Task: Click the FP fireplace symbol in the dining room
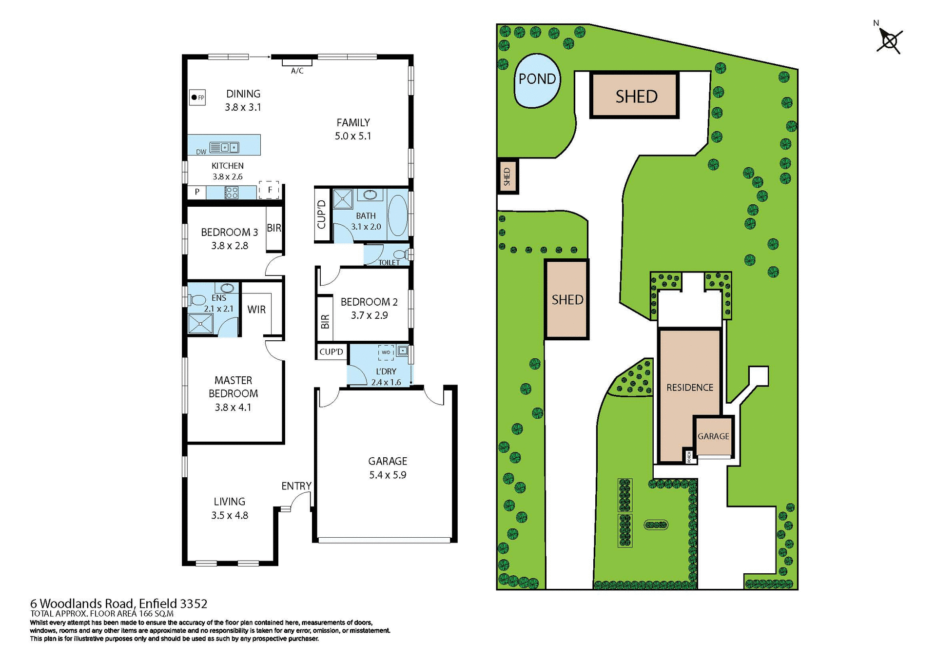tap(197, 97)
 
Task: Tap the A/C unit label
tap(297, 71)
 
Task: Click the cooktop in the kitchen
tap(231, 193)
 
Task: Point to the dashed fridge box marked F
tap(269, 190)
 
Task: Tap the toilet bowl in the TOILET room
tap(401, 254)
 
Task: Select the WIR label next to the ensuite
tap(256, 310)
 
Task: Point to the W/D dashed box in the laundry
tap(386, 352)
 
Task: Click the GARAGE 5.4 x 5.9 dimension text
tap(388, 475)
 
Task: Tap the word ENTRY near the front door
tap(296, 486)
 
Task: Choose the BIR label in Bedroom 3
tap(274, 228)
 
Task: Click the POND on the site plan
tap(537, 80)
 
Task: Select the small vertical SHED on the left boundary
tap(507, 176)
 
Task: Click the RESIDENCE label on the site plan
tap(689, 388)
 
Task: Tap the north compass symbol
tap(890, 40)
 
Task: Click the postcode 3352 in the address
tap(193, 604)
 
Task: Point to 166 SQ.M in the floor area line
tap(156, 614)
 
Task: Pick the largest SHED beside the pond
tap(635, 96)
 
